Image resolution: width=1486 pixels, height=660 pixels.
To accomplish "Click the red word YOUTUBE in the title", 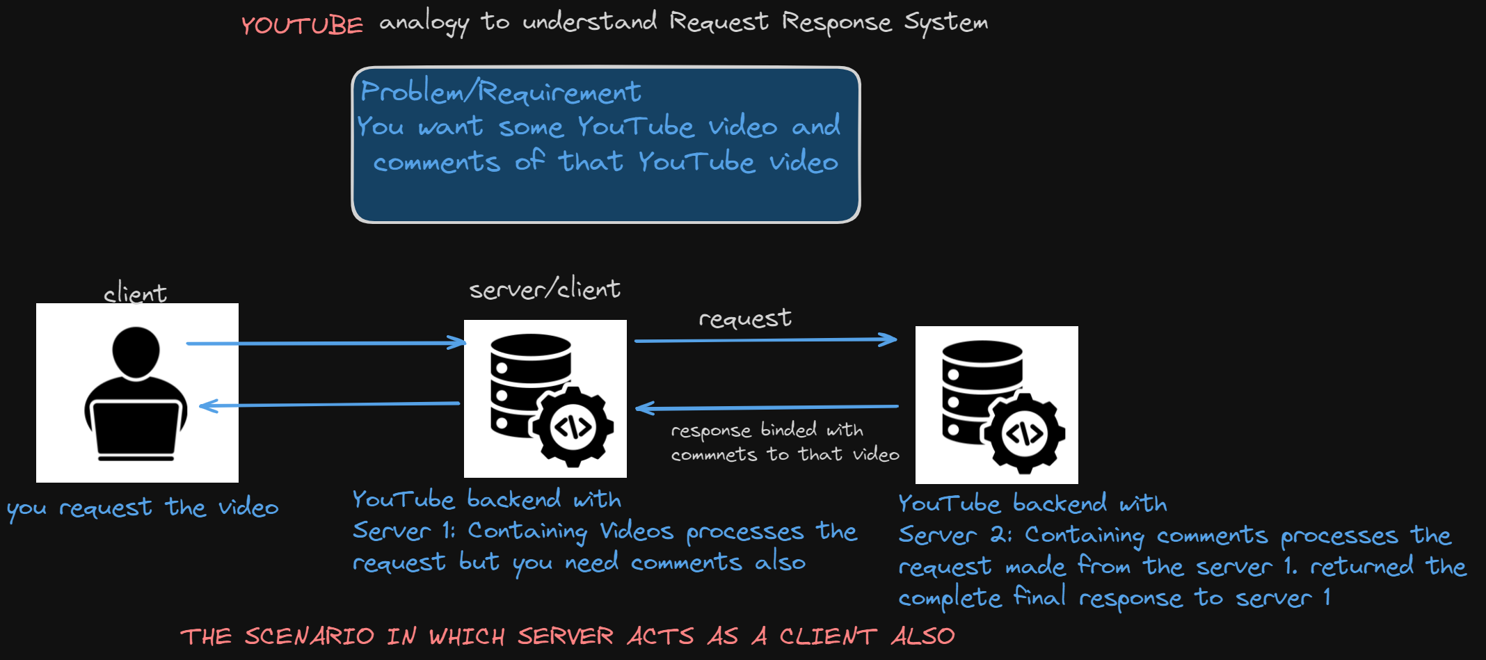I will click(x=302, y=26).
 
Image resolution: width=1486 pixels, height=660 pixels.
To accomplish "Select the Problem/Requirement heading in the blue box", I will click(x=500, y=92).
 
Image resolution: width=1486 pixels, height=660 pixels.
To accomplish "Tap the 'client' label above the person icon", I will click(x=135, y=293).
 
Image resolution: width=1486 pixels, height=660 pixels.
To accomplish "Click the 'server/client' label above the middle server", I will click(x=544, y=288).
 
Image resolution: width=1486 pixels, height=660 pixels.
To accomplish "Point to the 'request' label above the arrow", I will click(x=744, y=318).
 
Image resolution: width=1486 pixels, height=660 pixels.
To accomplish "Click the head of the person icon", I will click(x=136, y=351).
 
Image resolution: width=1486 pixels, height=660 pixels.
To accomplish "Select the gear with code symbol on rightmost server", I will click(x=1024, y=433).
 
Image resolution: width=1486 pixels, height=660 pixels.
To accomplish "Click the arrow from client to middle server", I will click(x=326, y=343).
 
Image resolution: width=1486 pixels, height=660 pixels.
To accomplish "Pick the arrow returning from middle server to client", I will click(x=328, y=404).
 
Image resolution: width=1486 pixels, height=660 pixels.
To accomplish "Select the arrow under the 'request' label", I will click(x=765, y=340).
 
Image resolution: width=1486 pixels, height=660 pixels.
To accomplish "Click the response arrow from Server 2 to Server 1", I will click(x=767, y=407).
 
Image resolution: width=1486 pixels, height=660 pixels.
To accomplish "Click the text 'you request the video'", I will click(x=143, y=508).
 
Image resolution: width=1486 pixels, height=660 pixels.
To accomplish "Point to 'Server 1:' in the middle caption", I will click(x=404, y=531).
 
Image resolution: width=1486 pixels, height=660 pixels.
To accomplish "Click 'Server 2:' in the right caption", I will click(x=954, y=535).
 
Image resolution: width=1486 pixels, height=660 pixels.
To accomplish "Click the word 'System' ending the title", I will click(x=945, y=22).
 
